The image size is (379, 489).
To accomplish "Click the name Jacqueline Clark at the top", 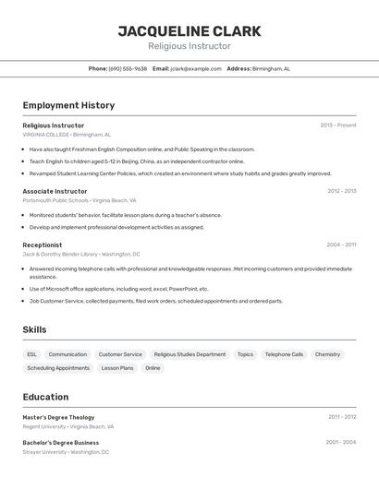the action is pyautogui.click(x=189, y=31).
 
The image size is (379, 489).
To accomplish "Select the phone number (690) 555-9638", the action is pyautogui.click(x=128, y=68).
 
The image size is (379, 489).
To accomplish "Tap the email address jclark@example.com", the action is pyautogui.click(x=196, y=68).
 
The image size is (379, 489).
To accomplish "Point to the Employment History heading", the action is pyautogui.click(x=68, y=105).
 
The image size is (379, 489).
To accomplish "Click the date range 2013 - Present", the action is pyautogui.click(x=337, y=125).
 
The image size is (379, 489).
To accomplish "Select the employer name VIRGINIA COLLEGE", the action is pyautogui.click(x=45, y=134).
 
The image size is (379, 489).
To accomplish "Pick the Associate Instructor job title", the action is pyautogui.click(x=55, y=191).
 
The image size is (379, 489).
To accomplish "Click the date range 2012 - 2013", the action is pyautogui.click(x=341, y=191).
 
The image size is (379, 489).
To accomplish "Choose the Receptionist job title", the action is pyautogui.click(x=43, y=244).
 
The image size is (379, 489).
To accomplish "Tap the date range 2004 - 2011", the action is pyautogui.click(x=341, y=244).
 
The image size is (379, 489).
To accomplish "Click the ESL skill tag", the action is pyautogui.click(x=32, y=354).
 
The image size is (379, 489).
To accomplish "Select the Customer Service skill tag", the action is pyautogui.click(x=120, y=354).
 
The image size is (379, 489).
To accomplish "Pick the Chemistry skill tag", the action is pyautogui.click(x=327, y=354).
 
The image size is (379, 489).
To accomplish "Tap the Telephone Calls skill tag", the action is pyautogui.click(x=284, y=354).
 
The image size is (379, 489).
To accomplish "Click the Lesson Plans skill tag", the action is pyautogui.click(x=117, y=368).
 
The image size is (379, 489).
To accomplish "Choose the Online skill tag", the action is pyautogui.click(x=153, y=368).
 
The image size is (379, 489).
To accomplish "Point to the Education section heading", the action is pyautogui.click(x=45, y=397).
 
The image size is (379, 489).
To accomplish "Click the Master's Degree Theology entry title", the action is pyautogui.click(x=58, y=417).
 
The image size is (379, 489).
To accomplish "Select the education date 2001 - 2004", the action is pyautogui.click(x=340, y=442).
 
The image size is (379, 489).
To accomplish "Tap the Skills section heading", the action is pyautogui.click(x=34, y=329).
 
